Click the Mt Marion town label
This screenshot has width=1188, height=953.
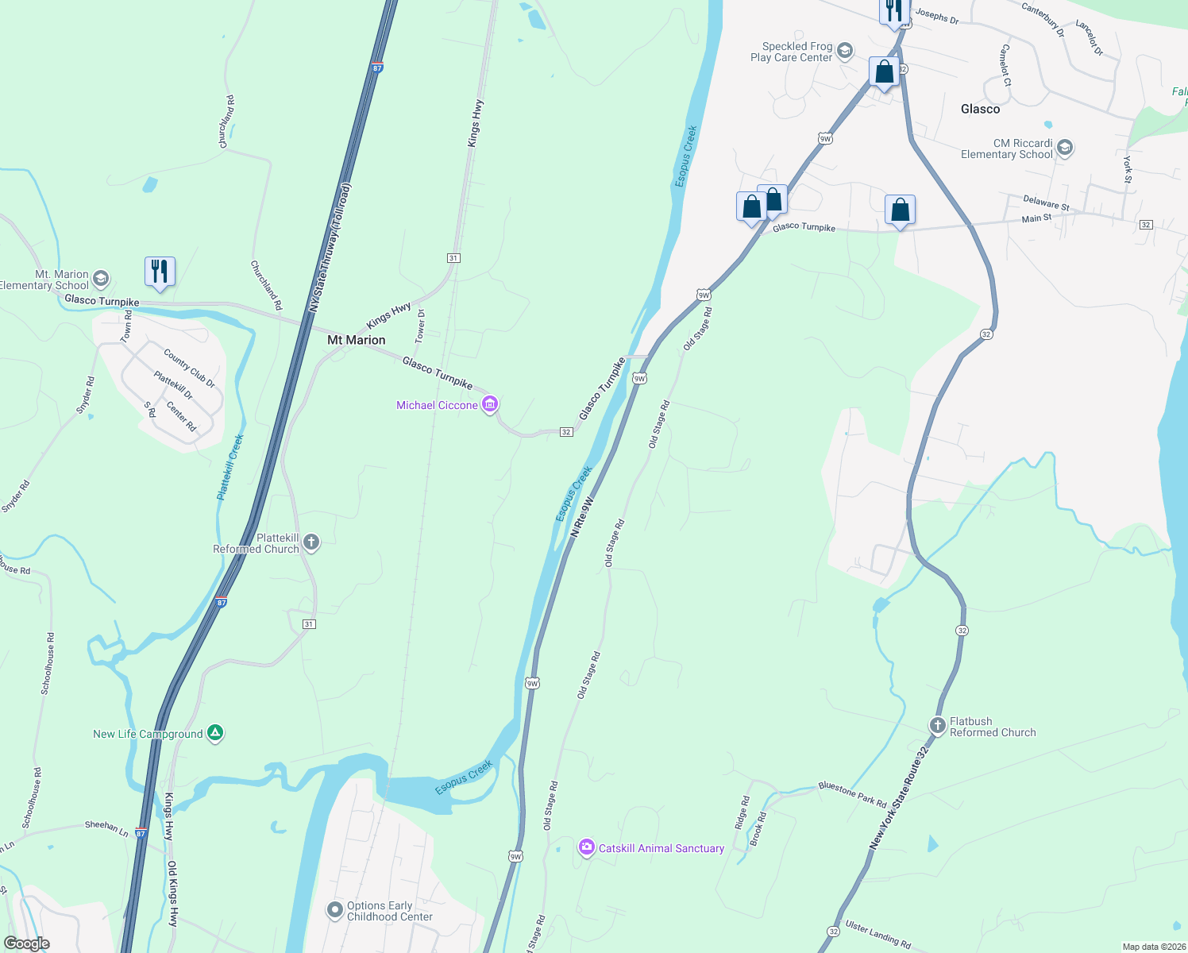(357, 340)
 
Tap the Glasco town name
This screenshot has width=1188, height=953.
(980, 109)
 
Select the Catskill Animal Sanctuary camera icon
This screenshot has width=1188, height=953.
(587, 847)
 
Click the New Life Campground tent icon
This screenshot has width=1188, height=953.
(215, 733)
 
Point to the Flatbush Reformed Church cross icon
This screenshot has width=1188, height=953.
(938, 726)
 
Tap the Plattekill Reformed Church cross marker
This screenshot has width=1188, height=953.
(311, 543)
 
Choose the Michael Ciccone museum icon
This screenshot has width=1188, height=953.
(490, 405)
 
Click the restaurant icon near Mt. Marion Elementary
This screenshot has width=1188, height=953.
(160, 272)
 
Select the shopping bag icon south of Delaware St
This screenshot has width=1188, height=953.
(900, 210)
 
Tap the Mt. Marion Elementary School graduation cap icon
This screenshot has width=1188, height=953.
(101, 279)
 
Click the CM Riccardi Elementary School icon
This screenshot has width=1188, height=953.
(1065, 149)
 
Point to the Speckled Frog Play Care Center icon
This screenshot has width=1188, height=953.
(844, 52)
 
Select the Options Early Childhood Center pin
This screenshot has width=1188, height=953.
(335, 910)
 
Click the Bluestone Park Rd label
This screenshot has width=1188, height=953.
(852, 794)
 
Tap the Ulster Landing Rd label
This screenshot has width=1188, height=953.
(878, 934)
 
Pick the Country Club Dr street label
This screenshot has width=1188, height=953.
(189, 368)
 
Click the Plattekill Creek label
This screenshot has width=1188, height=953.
(230, 467)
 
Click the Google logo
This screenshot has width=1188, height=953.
(27, 943)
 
